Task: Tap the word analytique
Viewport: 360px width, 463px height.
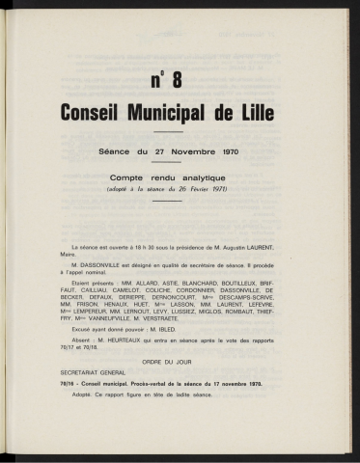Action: click(222, 177)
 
